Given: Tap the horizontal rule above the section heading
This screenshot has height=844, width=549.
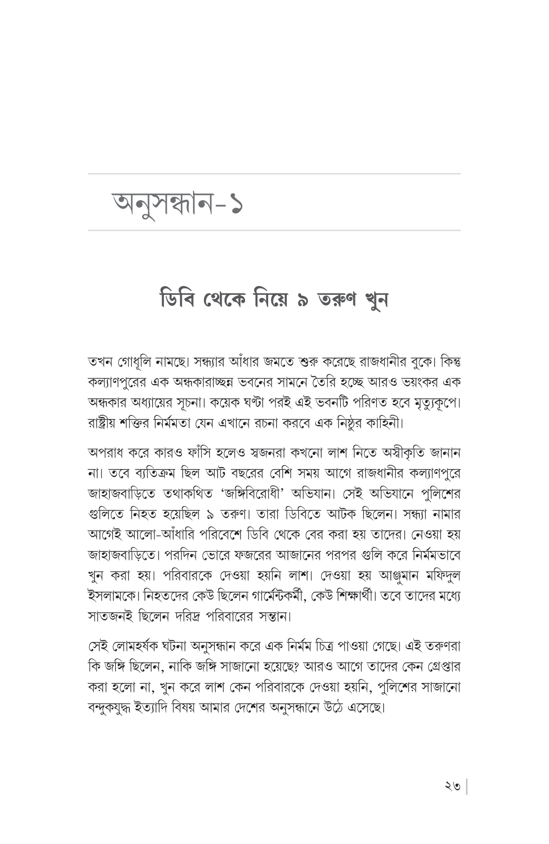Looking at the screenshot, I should (274, 174).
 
